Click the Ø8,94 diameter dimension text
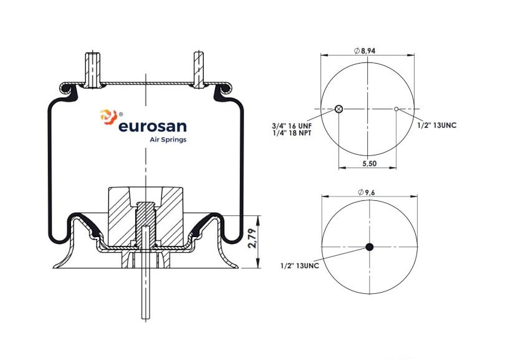point(364,51)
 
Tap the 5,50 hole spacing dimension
point(369,163)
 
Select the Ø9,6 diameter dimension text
point(367,192)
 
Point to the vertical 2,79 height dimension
point(252,238)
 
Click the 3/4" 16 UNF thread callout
point(292,126)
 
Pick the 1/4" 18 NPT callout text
point(292,134)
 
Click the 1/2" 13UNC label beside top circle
point(437,125)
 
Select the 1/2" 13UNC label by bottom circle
point(299,266)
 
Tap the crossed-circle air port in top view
point(338,109)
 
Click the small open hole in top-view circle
point(396,109)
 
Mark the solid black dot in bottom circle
point(370,247)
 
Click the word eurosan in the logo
point(153,127)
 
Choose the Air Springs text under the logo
point(168,140)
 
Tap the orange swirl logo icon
point(108,117)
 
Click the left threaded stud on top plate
point(92,70)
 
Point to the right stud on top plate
point(199,70)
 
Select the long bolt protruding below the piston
point(146,273)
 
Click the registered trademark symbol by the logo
point(121,114)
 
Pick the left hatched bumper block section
point(122,216)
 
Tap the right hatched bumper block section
point(170,216)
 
